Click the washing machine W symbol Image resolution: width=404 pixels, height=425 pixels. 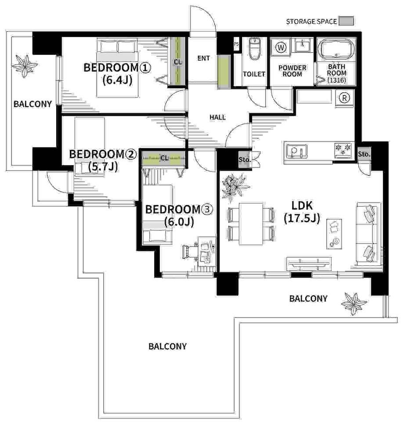pyautogui.click(x=281, y=48)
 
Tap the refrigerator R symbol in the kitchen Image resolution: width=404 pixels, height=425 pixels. pyautogui.click(x=344, y=98)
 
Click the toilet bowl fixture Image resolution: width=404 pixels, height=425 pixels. pyautogui.click(x=255, y=48)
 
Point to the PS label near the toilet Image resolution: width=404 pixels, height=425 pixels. pyautogui.click(x=236, y=44)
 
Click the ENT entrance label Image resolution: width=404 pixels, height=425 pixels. pyautogui.click(x=203, y=58)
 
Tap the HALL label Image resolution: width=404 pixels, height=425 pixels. pyautogui.click(x=217, y=117)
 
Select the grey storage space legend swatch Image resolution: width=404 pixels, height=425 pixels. pyautogui.click(x=346, y=21)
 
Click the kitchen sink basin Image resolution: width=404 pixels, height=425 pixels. pyautogui.click(x=296, y=151)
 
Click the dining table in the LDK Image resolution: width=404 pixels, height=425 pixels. pyautogui.click(x=251, y=224)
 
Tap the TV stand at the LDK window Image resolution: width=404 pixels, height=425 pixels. pyautogui.click(x=309, y=263)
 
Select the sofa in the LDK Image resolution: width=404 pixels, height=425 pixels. pyautogui.click(x=368, y=233)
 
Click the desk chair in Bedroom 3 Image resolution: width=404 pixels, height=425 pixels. pyautogui.click(x=191, y=252)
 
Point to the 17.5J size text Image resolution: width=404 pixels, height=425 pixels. pyautogui.click(x=302, y=218)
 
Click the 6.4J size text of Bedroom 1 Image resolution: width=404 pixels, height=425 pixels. pyautogui.click(x=117, y=80)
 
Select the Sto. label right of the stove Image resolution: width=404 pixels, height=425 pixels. pyautogui.click(x=364, y=154)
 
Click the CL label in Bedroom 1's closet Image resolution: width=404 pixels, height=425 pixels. pyautogui.click(x=178, y=62)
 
